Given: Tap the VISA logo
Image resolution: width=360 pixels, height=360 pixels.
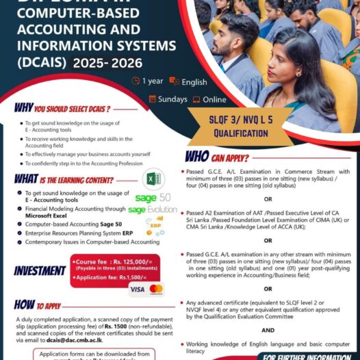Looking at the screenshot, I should pyautogui.click(x=137, y=289).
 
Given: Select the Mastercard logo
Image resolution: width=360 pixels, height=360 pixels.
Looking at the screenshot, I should pyautogui.click(x=156, y=289).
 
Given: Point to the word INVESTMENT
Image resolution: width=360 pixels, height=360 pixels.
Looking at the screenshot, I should pyautogui.click(x=39, y=270).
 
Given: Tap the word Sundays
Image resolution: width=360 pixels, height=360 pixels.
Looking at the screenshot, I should pyautogui.click(x=172, y=99).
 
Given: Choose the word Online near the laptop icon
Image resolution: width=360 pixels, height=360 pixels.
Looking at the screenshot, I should pyautogui.click(x=214, y=99).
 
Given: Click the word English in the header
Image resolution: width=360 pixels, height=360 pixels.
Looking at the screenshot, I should pyautogui.click(x=194, y=82).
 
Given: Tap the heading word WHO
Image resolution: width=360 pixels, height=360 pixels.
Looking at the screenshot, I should pyautogui.click(x=197, y=156).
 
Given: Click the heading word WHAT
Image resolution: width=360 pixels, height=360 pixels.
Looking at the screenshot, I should pyautogui.click(x=26, y=179).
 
